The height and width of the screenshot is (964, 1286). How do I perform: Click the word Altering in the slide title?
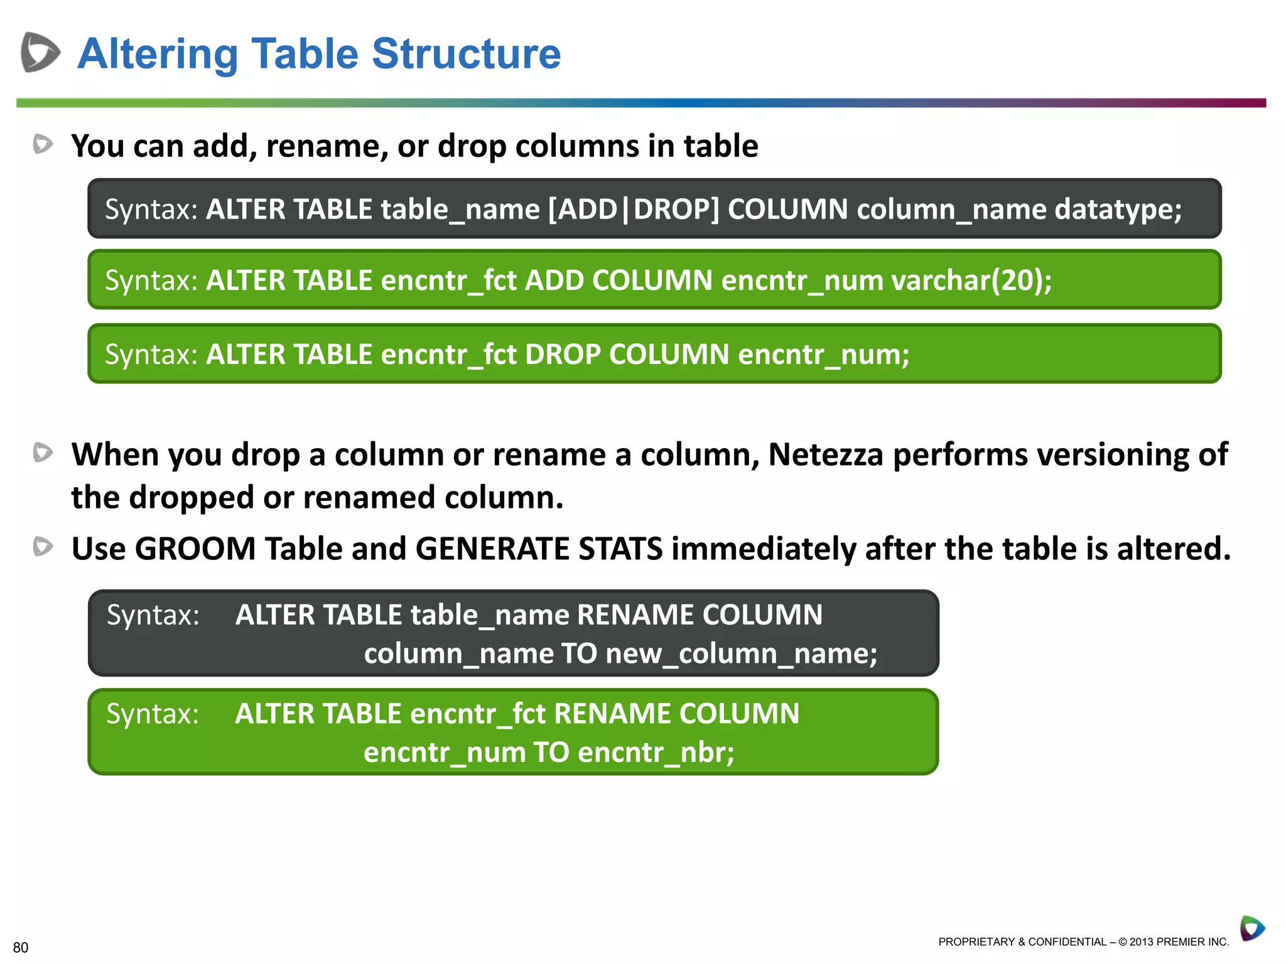coord(158,54)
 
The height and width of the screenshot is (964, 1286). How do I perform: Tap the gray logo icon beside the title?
coord(40,52)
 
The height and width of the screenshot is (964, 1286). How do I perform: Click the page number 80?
coord(21,948)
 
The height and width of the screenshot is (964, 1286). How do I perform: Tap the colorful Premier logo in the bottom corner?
coord(1252,928)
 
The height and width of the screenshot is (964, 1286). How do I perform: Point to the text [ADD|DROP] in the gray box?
coord(634,209)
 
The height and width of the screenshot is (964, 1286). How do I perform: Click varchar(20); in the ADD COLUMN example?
coord(971,280)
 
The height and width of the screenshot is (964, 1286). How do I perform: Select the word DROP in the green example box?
coord(563,354)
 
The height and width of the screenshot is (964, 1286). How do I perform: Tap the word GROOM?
coord(195,549)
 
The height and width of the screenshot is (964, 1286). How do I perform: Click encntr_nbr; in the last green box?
coord(656,752)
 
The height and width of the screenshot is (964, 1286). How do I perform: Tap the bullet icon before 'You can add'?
coord(43,144)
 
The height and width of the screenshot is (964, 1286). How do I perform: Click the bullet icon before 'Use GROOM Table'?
coord(43,547)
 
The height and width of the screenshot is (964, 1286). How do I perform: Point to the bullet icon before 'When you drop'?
coord(43,453)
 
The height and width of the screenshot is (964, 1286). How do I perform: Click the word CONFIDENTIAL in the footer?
coord(1067,942)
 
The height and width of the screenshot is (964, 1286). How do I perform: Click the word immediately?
coord(763,549)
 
